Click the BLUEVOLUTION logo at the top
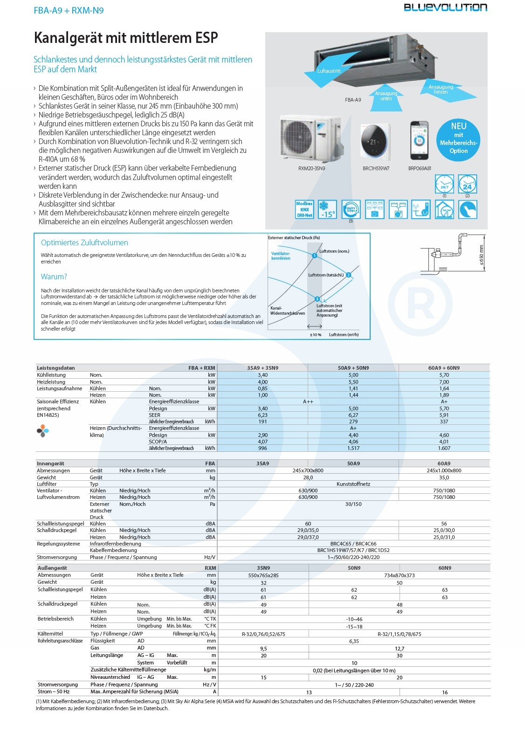point(445,7)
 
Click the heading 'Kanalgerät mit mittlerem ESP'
point(126,38)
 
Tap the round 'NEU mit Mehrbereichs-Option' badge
point(458,138)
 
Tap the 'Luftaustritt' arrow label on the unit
point(329,71)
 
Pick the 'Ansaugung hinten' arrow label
point(441,89)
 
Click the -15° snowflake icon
point(327,210)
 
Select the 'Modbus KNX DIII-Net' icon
point(304,210)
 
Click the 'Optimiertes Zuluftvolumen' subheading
point(84,242)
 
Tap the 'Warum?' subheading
point(54,277)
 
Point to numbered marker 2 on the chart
point(348,275)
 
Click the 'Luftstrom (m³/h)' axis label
point(344,335)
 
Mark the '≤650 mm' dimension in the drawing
point(482,256)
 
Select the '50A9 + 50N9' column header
point(353,368)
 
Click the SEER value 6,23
point(263,415)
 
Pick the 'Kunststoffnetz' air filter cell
point(353,484)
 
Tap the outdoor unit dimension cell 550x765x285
point(263,575)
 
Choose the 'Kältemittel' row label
point(50,634)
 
